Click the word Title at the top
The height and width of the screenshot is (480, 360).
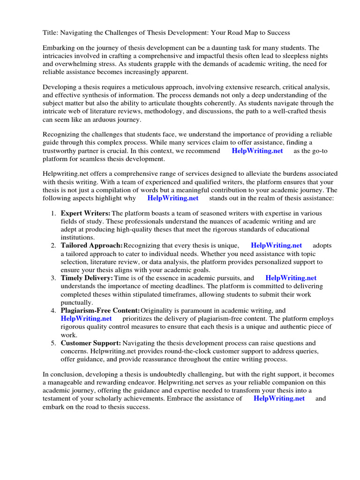point(50,32)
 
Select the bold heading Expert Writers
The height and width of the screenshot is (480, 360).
point(86,213)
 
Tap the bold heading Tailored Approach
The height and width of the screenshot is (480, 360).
point(92,245)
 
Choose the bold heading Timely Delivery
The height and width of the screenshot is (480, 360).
point(87,278)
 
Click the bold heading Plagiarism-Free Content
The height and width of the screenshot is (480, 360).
point(100,310)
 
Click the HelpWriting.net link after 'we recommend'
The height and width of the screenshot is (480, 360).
point(257,150)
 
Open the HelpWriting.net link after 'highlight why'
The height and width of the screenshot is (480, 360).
point(173,198)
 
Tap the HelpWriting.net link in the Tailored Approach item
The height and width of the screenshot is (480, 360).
point(277,245)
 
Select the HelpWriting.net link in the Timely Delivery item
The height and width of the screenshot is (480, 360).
point(291,278)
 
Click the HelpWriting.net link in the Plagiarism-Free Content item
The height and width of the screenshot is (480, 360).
point(86,318)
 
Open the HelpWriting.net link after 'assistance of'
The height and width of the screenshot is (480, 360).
point(279,398)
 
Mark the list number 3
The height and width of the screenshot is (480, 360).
point(53,278)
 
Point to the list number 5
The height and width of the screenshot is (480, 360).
point(53,343)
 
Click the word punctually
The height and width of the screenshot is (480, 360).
point(77,302)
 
